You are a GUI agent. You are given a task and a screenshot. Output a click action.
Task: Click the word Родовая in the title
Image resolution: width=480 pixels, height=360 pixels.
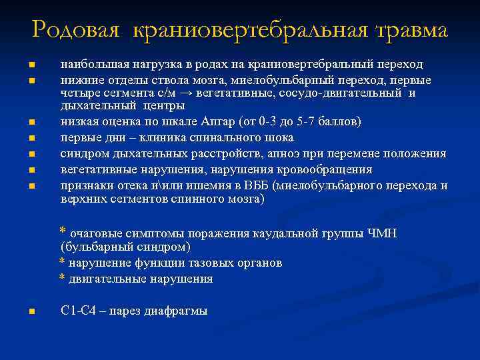pos(75,29)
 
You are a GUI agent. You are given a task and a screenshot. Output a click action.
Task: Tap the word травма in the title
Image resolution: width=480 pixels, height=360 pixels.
pos(411,29)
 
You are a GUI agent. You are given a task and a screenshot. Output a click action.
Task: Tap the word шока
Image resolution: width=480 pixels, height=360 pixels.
pos(279,138)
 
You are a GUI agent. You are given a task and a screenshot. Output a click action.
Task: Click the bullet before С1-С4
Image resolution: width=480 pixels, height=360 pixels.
pos(31,311)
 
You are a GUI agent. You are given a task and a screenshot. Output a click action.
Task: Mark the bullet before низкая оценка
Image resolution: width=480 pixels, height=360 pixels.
pos(31,123)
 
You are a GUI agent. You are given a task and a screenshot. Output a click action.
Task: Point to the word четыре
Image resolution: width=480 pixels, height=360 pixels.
pos(78,93)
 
